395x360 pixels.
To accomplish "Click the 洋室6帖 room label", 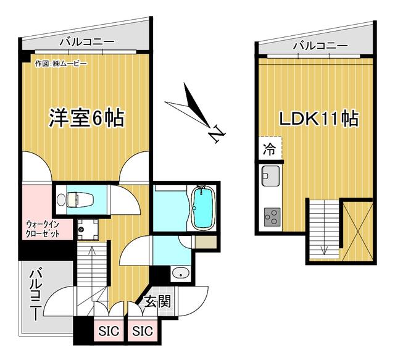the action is point(86,118).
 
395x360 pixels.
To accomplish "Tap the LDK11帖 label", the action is point(318,119).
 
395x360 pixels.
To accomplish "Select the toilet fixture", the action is point(75,200).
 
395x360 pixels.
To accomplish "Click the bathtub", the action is point(204,207).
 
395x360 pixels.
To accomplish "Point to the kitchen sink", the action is point(270,176).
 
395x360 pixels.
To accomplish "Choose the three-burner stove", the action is point(272,217).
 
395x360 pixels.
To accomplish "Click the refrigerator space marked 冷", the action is point(270,149).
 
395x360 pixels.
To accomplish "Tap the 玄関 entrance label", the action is point(157,301).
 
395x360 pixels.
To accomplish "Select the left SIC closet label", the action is point(109,331).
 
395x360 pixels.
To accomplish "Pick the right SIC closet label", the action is point(143,331).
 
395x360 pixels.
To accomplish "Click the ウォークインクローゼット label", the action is point(43,228).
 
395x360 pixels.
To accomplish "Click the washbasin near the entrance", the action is point(181,273).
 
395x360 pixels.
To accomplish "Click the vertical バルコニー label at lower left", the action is point(36,295).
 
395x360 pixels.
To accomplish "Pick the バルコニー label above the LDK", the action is point(320,46).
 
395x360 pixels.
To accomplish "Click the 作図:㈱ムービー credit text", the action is point(61,64).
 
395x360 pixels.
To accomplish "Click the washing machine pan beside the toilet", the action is point(88,230).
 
